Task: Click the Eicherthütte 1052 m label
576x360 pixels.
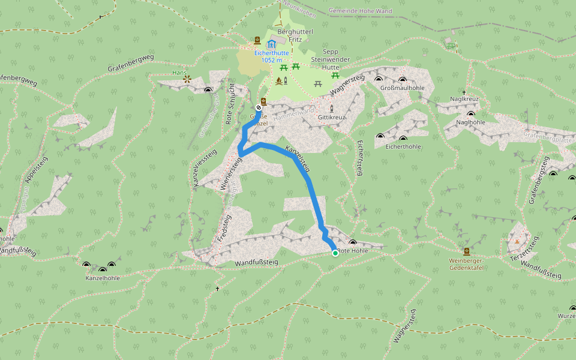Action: tap(272, 56)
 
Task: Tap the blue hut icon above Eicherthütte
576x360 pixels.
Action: tap(271, 44)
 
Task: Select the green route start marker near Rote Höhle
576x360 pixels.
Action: tap(335, 253)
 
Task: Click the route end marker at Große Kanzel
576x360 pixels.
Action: tap(259, 108)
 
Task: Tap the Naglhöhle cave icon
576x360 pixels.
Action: tap(470, 113)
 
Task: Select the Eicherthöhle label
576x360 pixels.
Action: tap(403, 146)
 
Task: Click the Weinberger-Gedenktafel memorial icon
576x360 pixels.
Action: tap(467, 251)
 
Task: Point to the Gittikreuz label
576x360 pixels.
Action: tap(332, 118)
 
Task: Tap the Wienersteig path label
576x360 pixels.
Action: tap(231, 174)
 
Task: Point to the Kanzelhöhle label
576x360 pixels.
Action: tap(103, 278)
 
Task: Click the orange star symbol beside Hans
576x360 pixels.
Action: tap(187, 79)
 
